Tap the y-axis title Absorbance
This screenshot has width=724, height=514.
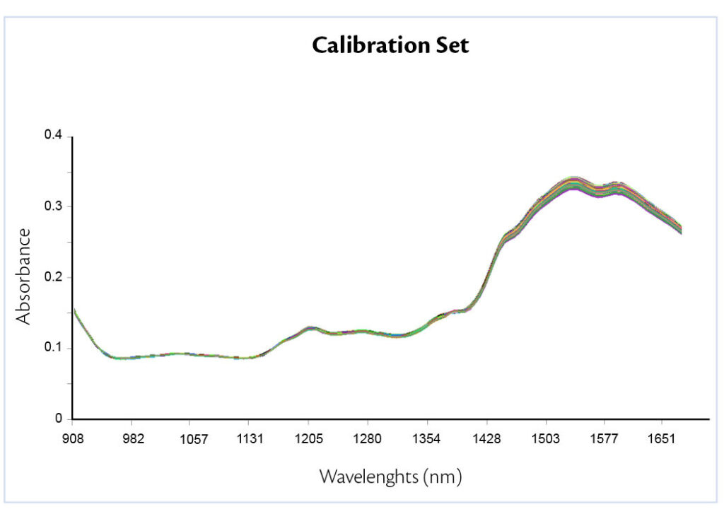(25, 276)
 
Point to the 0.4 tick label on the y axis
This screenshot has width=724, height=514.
(54, 135)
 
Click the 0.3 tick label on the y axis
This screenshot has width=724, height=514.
(54, 206)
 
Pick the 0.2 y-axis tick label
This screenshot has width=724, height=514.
(54, 277)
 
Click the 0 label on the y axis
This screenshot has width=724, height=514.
(59, 419)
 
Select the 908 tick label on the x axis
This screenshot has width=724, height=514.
(74, 439)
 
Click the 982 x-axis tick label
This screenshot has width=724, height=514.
(133, 439)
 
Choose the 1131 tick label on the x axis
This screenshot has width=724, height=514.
(250, 439)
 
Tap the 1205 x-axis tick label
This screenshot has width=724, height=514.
(309, 439)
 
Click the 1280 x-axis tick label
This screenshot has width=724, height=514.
(368, 439)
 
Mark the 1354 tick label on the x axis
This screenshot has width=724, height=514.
(427, 439)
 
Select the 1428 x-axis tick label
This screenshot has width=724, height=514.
(486, 439)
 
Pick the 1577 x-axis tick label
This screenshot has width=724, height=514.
(605, 439)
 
